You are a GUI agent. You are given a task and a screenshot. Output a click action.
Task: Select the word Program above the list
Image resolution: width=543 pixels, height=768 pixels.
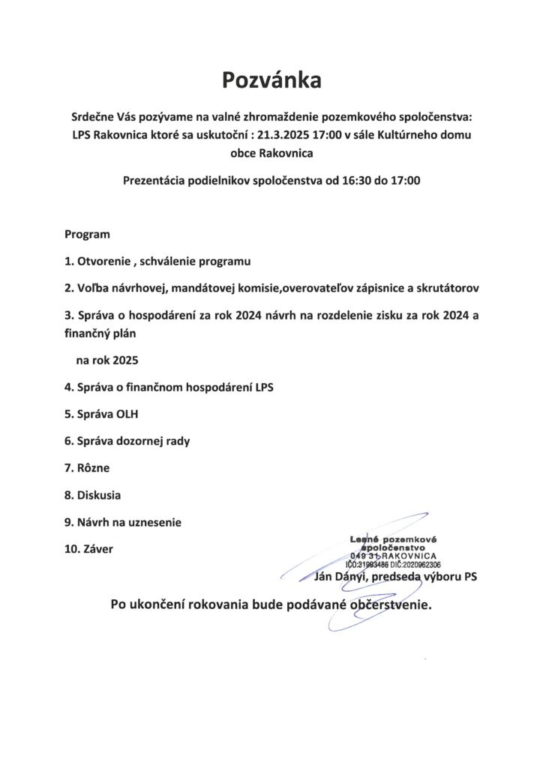[87, 234]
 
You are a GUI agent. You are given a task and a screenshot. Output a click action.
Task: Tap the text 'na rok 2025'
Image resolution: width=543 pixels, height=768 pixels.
[108, 361]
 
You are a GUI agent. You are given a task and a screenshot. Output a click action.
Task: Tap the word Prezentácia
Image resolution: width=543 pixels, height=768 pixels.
[157, 180]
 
